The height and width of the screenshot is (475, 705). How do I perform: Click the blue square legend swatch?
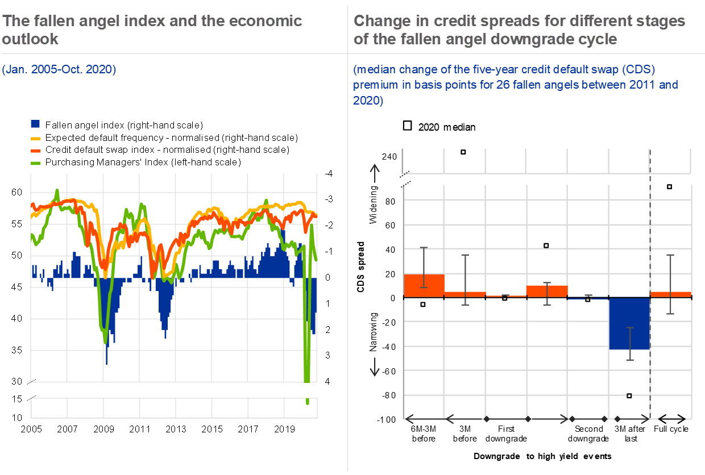[35, 123]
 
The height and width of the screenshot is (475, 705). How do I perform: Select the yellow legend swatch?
[35, 138]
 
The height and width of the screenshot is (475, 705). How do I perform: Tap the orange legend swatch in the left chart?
[35, 151]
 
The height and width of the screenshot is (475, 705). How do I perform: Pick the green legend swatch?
[35, 164]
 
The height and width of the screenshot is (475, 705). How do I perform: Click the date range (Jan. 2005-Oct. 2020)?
[59, 70]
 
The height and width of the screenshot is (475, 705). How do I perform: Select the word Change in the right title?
[379, 22]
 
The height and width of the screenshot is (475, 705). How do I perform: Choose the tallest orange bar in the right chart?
[424, 285]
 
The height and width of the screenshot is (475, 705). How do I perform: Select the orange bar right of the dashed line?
[671, 294]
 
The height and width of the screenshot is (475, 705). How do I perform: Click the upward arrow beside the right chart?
[375, 173]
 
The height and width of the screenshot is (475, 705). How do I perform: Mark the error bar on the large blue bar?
[629, 343]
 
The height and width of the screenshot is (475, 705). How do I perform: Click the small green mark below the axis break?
[308, 401]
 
